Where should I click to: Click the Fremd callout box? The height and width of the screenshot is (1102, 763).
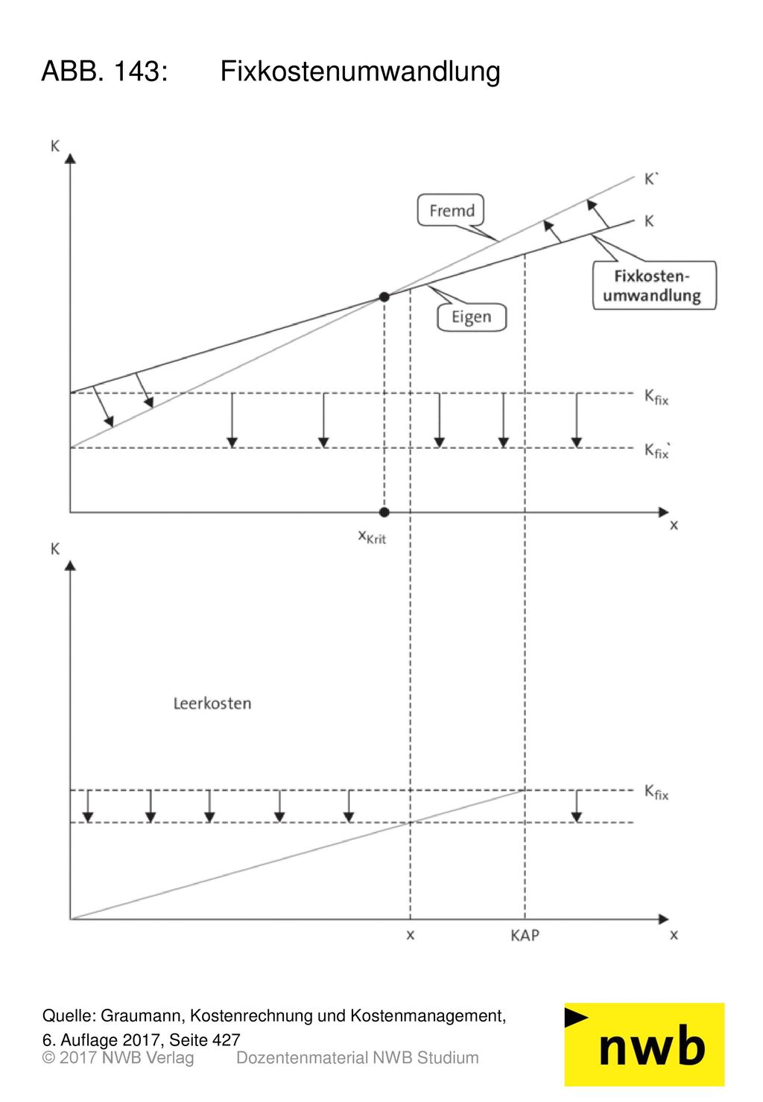coord(450,211)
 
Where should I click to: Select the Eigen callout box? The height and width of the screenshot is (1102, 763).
coord(471,317)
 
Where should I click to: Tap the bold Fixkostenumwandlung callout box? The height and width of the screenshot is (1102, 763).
coord(653,285)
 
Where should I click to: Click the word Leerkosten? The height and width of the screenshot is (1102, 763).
coord(212,703)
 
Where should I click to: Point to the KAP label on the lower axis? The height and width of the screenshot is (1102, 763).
coord(525,935)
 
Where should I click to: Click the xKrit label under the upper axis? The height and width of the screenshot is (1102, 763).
coord(372,536)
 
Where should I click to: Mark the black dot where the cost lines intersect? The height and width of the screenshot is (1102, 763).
coord(384,297)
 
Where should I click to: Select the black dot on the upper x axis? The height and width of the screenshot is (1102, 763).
coord(384,512)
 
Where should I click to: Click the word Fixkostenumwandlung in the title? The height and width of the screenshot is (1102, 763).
coord(360,72)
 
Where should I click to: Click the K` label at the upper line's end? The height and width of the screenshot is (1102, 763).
coord(650,179)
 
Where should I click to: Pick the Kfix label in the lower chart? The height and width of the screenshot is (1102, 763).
coord(656,792)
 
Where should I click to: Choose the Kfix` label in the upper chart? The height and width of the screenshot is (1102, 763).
coord(657,450)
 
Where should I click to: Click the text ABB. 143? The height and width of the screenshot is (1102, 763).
coord(105,72)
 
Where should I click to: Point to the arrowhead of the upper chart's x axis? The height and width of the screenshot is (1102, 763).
coord(664,512)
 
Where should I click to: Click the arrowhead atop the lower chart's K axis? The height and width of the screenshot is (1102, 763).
coord(70,566)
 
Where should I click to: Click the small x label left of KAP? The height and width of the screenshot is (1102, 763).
coord(411,935)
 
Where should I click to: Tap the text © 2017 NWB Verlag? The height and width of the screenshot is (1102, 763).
coord(118,1058)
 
